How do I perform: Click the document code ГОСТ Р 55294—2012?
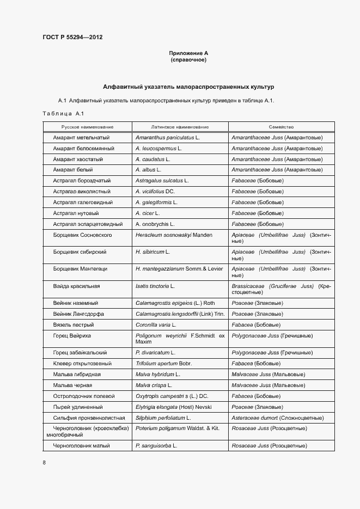tap(72, 38)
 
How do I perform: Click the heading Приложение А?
tap(188, 53)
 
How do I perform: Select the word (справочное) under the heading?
tap(188, 59)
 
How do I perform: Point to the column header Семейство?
tap(281, 126)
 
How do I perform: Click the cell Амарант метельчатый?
tap(82, 138)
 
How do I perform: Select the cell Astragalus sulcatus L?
tap(162, 181)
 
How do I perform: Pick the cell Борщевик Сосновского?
tap(83, 235)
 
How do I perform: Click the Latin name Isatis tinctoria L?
tap(155, 286)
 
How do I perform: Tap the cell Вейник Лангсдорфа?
tap(79, 314)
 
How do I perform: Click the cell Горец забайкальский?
tap(80, 353)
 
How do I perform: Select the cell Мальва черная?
tap(72, 385)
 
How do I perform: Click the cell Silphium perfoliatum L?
tap(163, 418)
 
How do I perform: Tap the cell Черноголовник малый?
tap(82, 446)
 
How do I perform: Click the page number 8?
tap(44, 463)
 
